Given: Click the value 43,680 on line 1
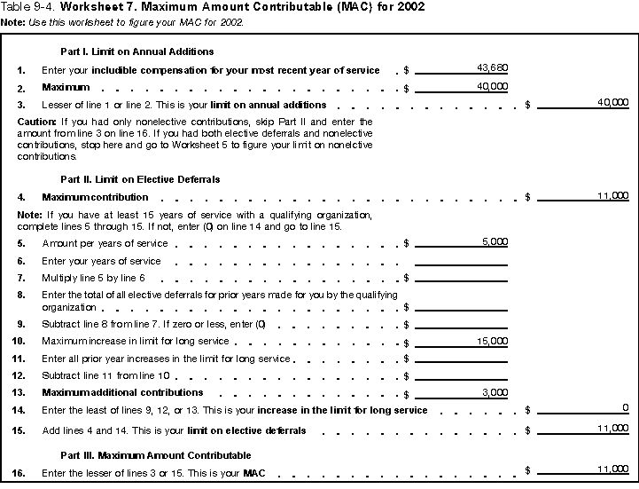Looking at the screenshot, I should coord(491,68).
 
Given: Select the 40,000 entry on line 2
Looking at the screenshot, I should coord(491,86).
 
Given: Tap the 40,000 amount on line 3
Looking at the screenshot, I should coord(612,103).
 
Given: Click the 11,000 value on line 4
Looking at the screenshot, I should coord(612,195).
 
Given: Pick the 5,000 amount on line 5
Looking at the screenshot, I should coord(495,241).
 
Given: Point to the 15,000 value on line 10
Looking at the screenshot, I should coord(491,341).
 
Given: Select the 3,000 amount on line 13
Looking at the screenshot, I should coord(495,391).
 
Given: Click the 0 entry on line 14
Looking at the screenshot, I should coord(625,408).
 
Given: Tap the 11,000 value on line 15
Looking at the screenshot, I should coord(612,429).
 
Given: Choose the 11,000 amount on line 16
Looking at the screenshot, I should coord(612,469).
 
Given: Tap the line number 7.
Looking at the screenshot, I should coord(19,279).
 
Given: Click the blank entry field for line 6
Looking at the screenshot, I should coord(461,261).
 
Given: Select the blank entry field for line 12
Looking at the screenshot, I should coord(461,375).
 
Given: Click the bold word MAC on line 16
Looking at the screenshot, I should coord(254,474).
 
